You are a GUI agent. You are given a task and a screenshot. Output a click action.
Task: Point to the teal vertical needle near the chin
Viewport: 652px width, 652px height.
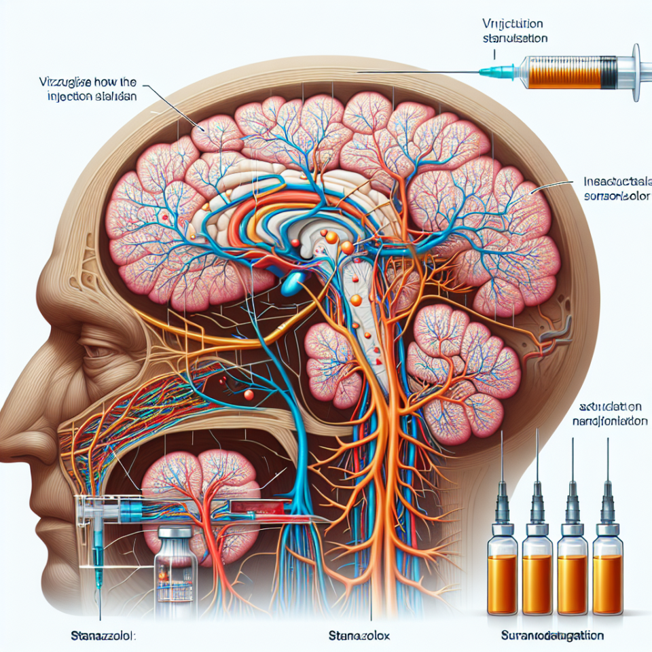pyautogui.click(x=98, y=557)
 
